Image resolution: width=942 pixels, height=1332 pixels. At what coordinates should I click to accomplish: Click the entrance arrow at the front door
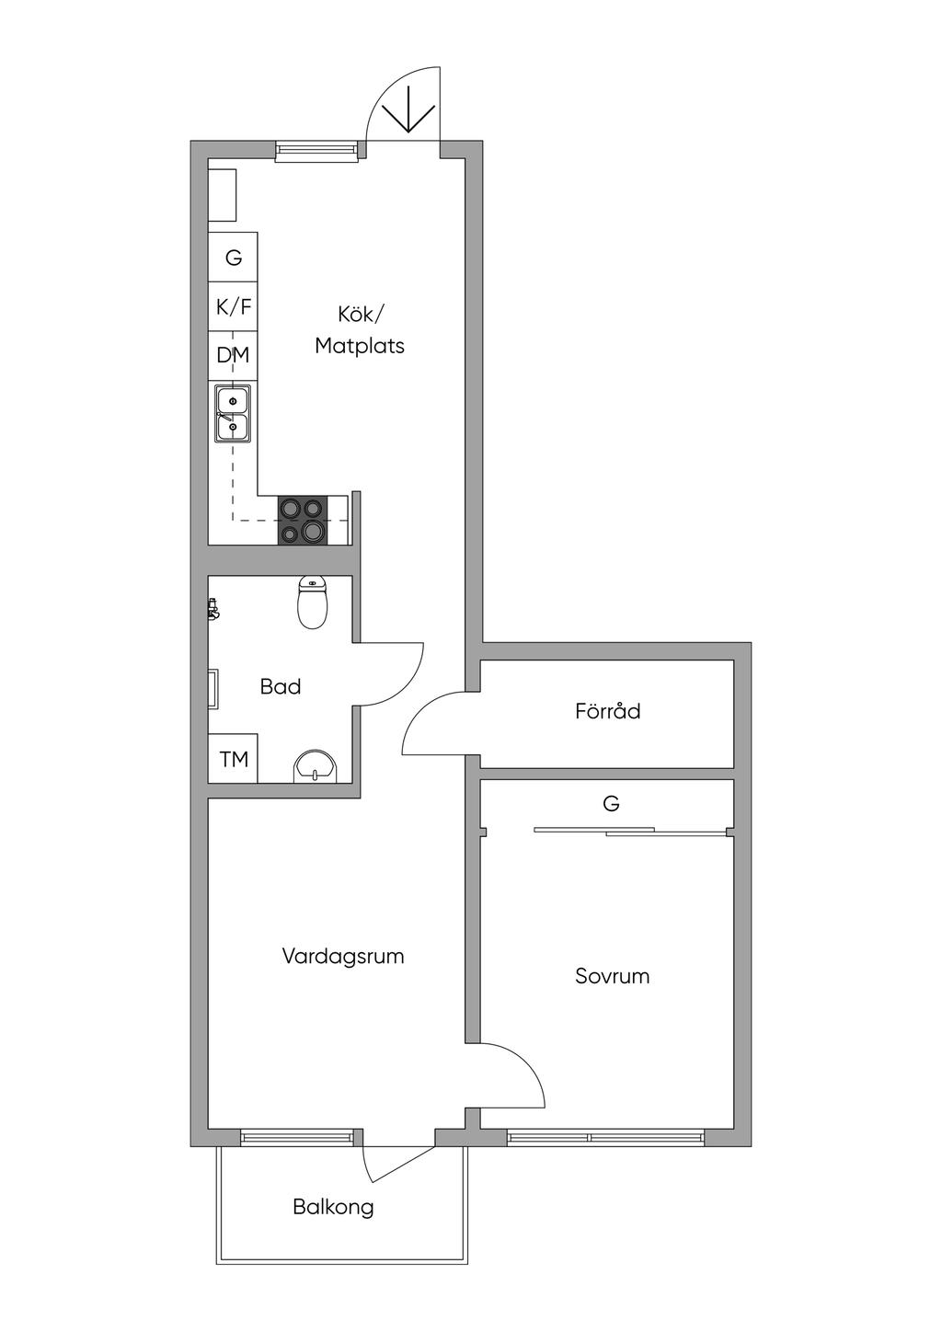click(x=408, y=117)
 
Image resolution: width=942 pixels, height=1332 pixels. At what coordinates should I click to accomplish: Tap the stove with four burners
click(x=303, y=521)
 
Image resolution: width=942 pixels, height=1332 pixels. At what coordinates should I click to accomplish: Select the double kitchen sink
click(x=233, y=414)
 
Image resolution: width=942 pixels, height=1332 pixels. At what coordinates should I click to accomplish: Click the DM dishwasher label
click(x=233, y=356)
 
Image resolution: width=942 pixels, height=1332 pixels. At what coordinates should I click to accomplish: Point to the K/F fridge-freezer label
click(x=234, y=307)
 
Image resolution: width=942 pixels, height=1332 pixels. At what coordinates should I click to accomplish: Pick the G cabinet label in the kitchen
click(x=234, y=258)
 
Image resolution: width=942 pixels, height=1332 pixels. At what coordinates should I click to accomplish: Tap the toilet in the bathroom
click(x=312, y=602)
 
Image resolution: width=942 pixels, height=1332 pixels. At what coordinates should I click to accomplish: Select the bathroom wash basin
click(x=316, y=766)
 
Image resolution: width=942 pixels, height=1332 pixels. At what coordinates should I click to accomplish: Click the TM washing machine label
click(x=234, y=759)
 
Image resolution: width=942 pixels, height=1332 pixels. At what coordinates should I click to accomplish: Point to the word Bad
click(x=280, y=687)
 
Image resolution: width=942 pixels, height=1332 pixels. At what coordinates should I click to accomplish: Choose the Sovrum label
click(x=612, y=976)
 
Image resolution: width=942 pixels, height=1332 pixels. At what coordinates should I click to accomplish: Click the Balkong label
click(x=334, y=1208)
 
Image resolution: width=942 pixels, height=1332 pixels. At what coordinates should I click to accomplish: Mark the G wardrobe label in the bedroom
click(x=612, y=804)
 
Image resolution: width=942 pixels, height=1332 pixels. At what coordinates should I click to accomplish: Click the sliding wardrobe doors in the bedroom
click(x=630, y=832)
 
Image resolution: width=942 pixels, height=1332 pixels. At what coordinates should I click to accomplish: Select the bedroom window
click(x=605, y=1138)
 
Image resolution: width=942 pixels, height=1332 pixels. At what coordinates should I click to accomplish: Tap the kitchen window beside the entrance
click(x=317, y=151)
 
